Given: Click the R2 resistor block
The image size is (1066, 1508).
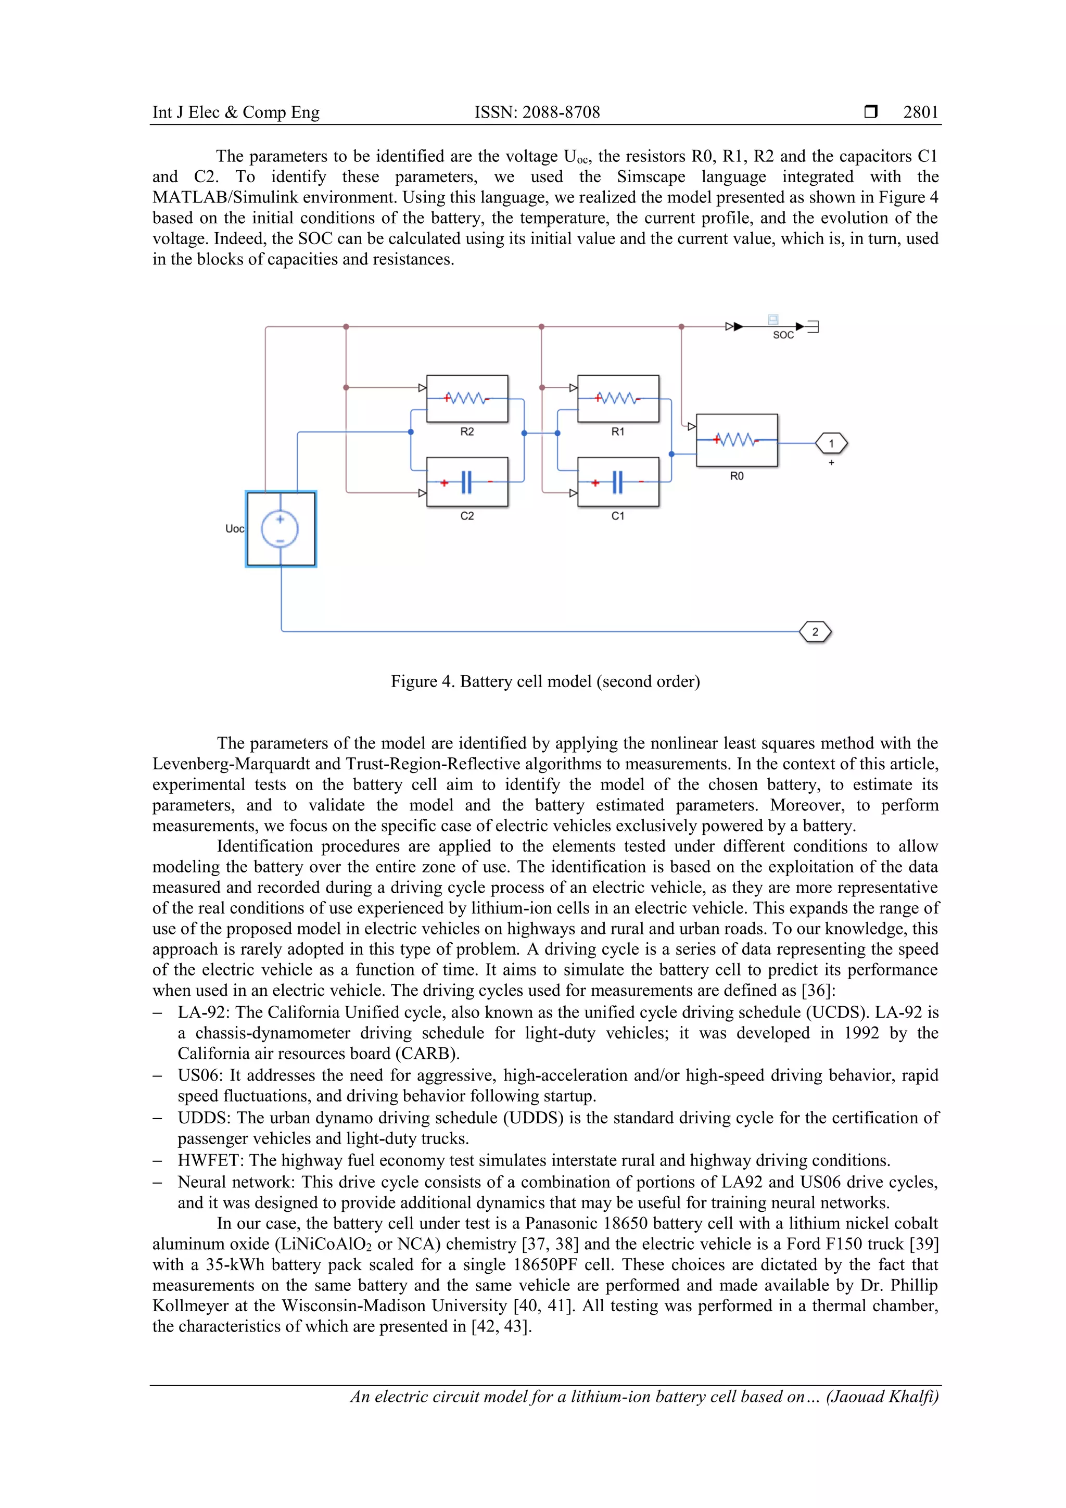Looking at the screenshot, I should click(x=467, y=399).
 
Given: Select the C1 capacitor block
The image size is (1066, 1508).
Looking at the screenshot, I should click(x=618, y=482).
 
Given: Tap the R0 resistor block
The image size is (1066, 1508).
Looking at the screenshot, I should click(x=737, y=440).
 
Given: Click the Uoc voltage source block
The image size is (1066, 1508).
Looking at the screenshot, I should click(x=281, y=529).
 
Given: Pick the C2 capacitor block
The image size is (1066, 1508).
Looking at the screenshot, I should click(x=467, y=482).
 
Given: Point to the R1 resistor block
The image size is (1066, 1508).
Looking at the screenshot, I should click(x=618, y=399).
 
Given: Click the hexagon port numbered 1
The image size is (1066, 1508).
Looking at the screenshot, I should click(x=831, y=443).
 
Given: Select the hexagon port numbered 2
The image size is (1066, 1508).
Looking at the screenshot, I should click(x=815, y=632).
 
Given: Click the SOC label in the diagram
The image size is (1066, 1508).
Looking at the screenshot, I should click(x=783, y=335).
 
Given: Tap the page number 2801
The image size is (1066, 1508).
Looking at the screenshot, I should click(x=920, y=112).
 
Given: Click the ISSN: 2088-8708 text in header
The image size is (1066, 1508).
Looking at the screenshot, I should click(x=537, y=112).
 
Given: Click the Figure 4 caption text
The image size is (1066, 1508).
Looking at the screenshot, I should click(x=545, y=681).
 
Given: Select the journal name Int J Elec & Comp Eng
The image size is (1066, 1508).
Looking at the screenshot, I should click(x=236, y=112).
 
